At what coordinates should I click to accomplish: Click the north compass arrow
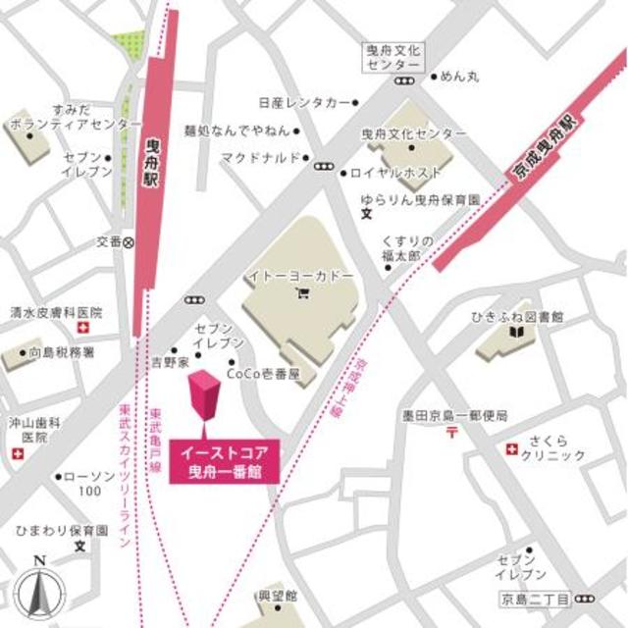pos(37,589)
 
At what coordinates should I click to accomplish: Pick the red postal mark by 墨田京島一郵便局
pos(452,431)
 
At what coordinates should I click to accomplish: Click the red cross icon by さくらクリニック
pos(511,448)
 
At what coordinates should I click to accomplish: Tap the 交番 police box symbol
pos(128,240)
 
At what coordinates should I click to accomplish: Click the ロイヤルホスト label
pos(392,174)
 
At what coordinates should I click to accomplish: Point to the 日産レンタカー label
pos(304,101)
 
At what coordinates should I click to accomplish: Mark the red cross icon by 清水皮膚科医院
pos(85,327)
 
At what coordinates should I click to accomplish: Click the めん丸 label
pos(459,76)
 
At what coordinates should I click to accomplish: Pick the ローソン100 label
pos(91,483)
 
